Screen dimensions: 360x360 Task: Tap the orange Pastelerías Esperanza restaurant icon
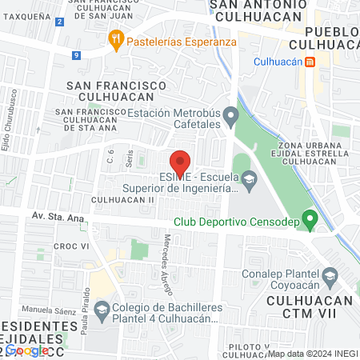(x=117, y=40)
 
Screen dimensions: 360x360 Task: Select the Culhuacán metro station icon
(x=309, y=61)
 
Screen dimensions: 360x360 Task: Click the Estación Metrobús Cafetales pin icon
(x=230, y=117)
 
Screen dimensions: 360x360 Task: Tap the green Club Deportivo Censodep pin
(x=311, y=217)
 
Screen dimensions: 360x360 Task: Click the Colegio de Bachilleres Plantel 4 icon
(x=101, y=309)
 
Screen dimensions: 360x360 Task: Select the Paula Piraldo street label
(x=84, y=312)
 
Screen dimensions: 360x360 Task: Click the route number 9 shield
(x=75, y=55)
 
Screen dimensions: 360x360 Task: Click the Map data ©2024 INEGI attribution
(x=312, y=354)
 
